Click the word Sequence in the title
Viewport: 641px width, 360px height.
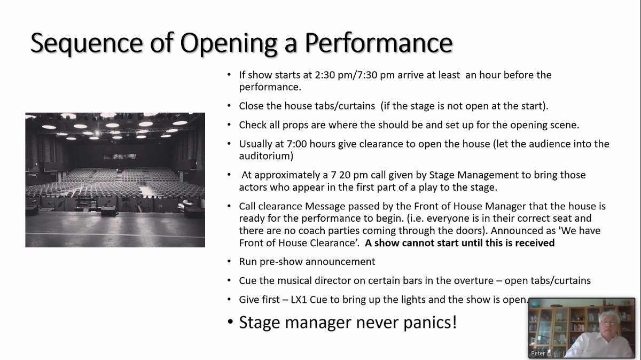point(87,43)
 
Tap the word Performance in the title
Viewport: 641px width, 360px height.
point(379,43)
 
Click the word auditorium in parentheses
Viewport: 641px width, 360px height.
point(265,156)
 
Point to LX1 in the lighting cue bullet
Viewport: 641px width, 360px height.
point(299,300)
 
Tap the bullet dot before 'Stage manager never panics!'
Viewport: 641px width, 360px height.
point(230,322)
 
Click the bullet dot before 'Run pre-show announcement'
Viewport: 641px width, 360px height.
point(229,261)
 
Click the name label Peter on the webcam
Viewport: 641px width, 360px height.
point(538,354)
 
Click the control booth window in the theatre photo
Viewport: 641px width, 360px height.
point(120,156)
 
